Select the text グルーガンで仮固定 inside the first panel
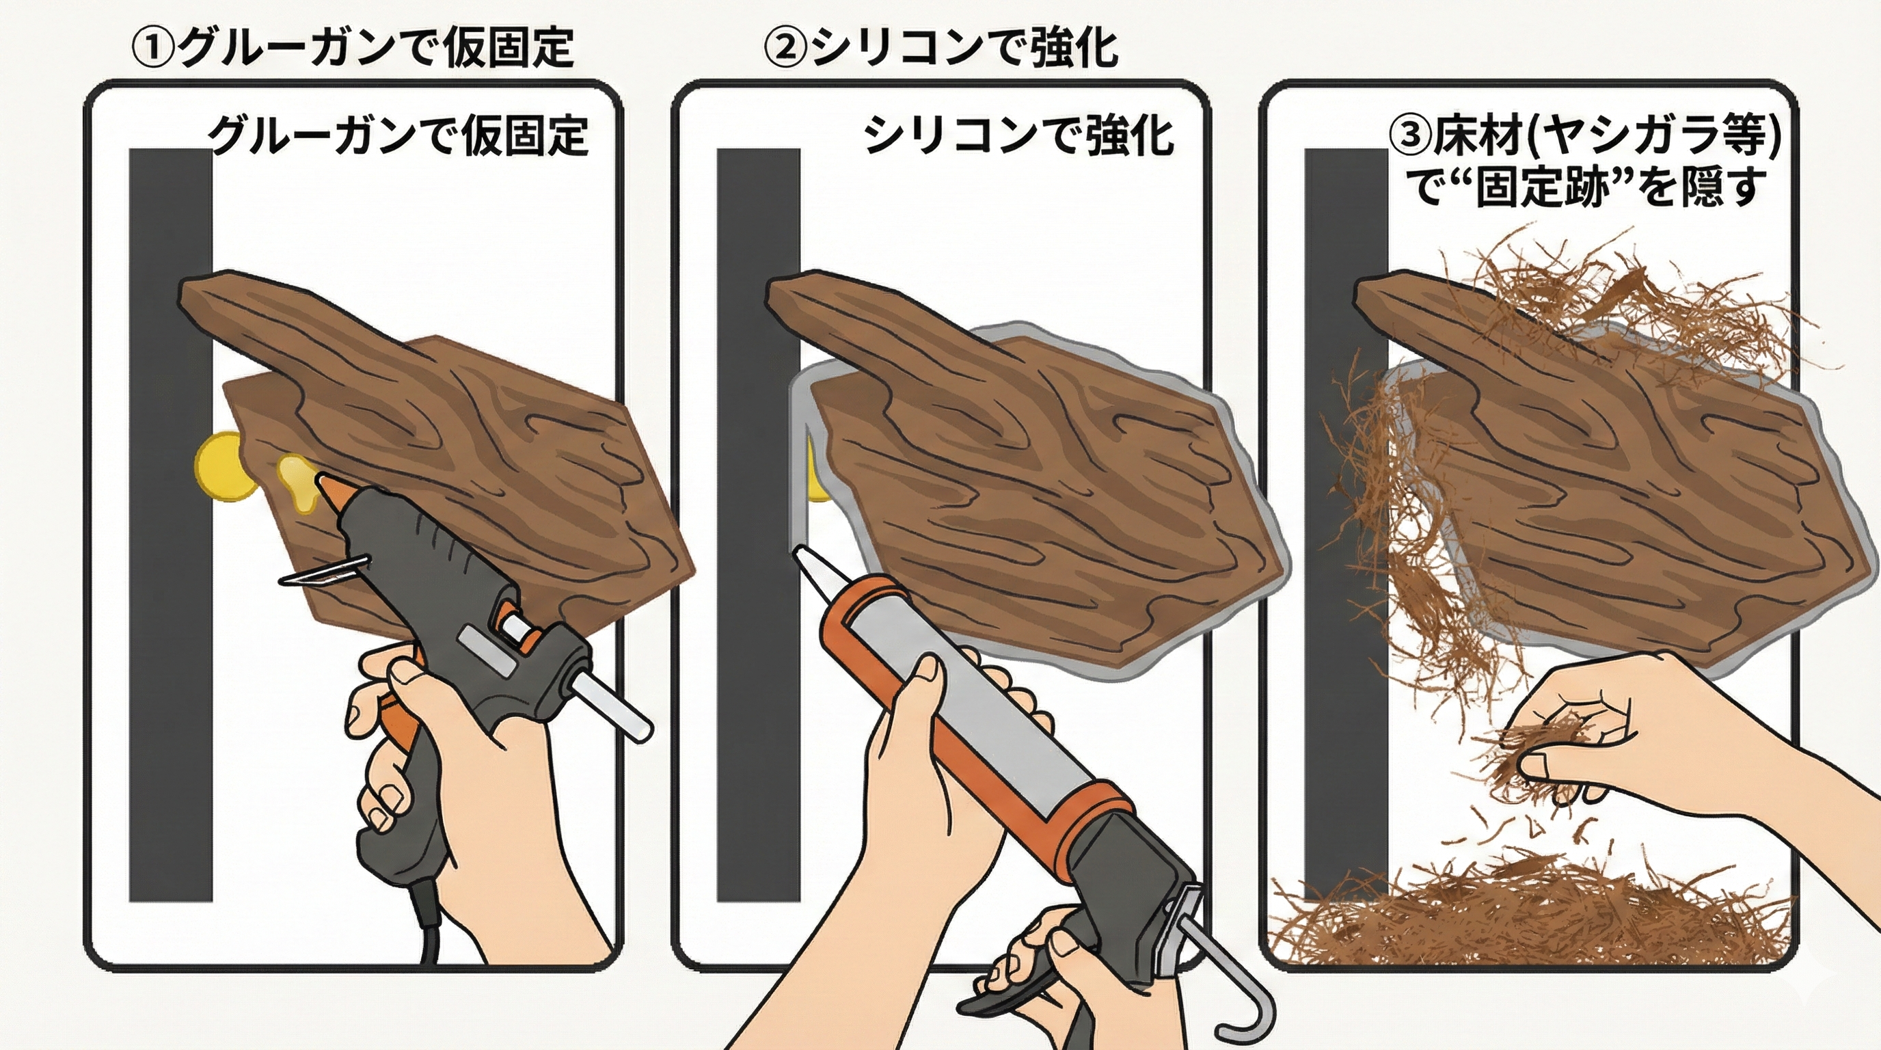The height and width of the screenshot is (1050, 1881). (x=398, y=136)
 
